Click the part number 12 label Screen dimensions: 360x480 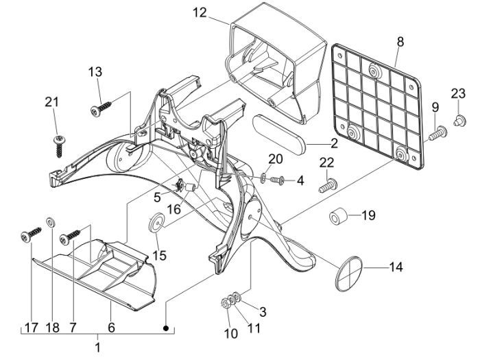coord(200,12)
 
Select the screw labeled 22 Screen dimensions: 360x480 coord(328,184)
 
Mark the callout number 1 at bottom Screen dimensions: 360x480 coord(97,348)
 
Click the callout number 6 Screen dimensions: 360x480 coord(111,328)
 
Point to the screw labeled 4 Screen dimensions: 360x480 coord(278,180)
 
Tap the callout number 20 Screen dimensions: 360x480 coord(275,159)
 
